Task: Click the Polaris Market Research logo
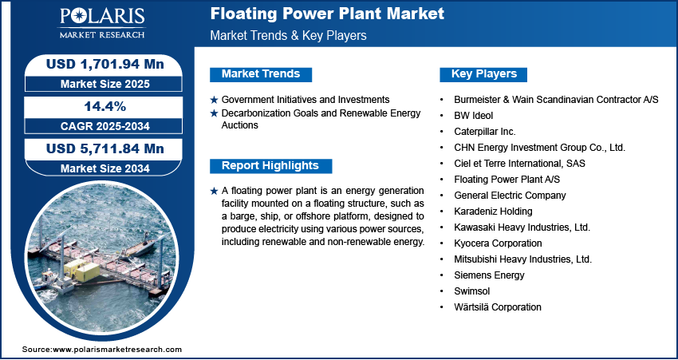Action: (102, 23)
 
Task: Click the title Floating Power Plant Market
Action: (327, 14)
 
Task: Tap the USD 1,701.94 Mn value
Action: (105, 64)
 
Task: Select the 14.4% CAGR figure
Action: (104, 106)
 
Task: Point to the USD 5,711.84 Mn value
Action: (105, 148)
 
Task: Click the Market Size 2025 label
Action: (105, 84)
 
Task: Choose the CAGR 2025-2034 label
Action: (105, 126)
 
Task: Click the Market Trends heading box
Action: (261, 74)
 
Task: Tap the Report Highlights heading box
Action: (270, 166)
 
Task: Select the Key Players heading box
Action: (483, 74)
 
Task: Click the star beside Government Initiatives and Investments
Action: (214, 101)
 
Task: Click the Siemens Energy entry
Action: (489, 275)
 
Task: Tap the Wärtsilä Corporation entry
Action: (498, 307)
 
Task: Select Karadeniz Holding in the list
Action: (493, 212)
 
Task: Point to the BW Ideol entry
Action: (474, 116)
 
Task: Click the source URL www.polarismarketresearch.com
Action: (117, 349)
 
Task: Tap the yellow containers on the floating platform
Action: (81, 270)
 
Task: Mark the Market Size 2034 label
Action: (105, 168)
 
